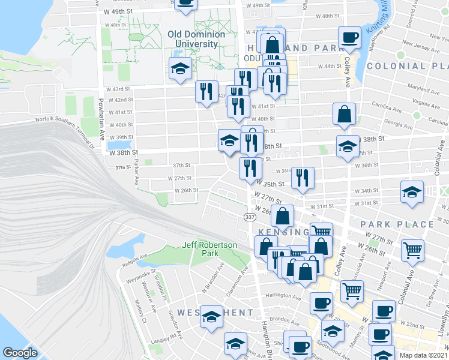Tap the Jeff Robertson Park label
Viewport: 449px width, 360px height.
210,250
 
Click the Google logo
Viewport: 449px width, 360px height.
20,353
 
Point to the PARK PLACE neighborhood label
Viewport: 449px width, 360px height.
397,224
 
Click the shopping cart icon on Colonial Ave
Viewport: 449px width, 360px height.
412,250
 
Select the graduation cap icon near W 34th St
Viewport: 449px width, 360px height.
412,192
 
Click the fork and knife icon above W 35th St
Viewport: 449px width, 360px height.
302,178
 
